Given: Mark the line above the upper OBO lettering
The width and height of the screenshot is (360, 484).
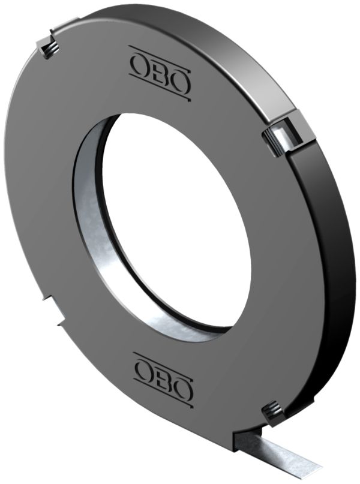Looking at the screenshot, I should pos(161,52).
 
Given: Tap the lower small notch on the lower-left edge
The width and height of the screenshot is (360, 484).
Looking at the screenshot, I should pos(59,324).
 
